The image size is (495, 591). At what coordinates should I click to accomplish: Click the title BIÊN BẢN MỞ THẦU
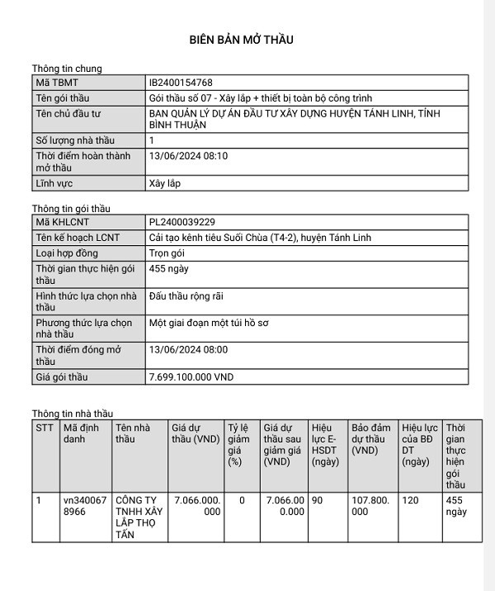click(x=241, y=39)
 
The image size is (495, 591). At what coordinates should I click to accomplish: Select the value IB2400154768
click(x=181, y=83)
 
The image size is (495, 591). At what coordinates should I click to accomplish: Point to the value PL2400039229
click(x=181, y=222)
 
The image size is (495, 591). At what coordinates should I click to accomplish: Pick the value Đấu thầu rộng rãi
click(x=186, y=295)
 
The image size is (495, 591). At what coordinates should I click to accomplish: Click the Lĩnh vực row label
click(x=54, y=182)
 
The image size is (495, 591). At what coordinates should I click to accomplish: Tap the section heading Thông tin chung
click(x=67, y=69)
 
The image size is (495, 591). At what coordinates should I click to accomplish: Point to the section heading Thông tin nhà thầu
click(x=73, y=413)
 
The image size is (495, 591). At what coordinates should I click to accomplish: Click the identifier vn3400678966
click(x=84, y=506)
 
